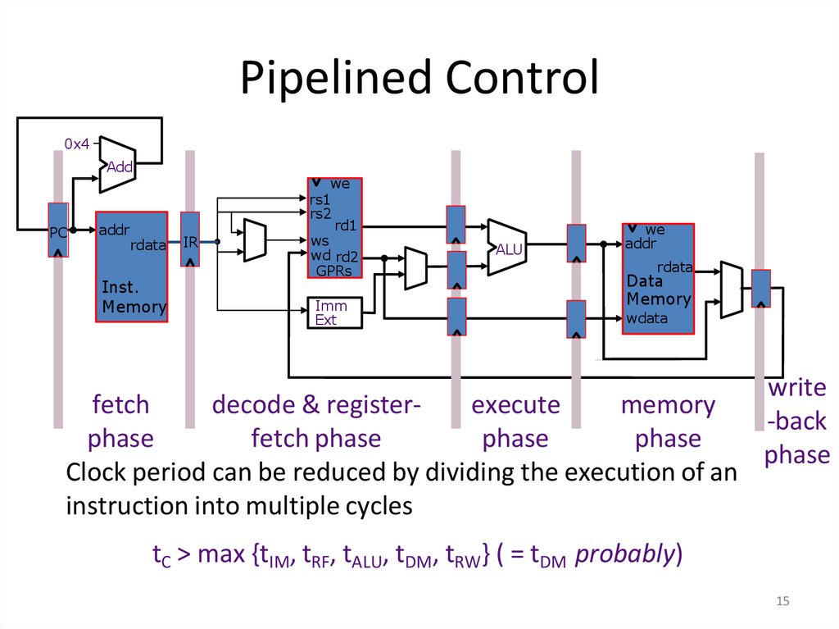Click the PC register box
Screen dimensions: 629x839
[57, 230]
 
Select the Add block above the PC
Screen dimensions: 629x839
[117, 166]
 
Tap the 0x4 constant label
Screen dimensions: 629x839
[76, 144]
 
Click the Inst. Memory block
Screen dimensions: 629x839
[132, 267]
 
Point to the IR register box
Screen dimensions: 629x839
[190, 239]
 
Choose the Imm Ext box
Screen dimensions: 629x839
[333, 312]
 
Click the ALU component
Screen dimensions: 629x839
[507, 247]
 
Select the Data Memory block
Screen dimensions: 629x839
[658, 279]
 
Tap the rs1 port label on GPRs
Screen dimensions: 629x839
[320, 199]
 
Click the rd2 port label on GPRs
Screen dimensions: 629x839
[347, 256]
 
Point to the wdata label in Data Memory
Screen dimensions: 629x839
[647, 318]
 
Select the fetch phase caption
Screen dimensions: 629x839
[120, 422]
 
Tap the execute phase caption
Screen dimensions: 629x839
[515, 422]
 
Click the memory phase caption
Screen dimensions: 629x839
[668, 422]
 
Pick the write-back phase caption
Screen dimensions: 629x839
[796, 422]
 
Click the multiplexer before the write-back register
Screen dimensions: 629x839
[731, 289]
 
